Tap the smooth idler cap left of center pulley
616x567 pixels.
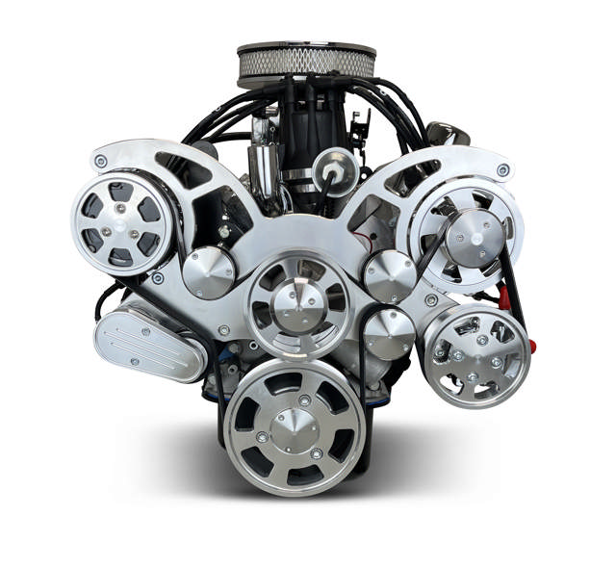tap(209, 272)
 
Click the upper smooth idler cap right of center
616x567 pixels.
tap(390, 276)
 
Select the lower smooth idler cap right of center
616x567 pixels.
tap(390, 333)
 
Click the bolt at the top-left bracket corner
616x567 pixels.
tap(101, 161)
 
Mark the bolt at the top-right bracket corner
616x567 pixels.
tap(502, 169)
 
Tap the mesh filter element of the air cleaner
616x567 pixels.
tap(305, 63)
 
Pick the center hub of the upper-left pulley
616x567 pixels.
tap(121, 224)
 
